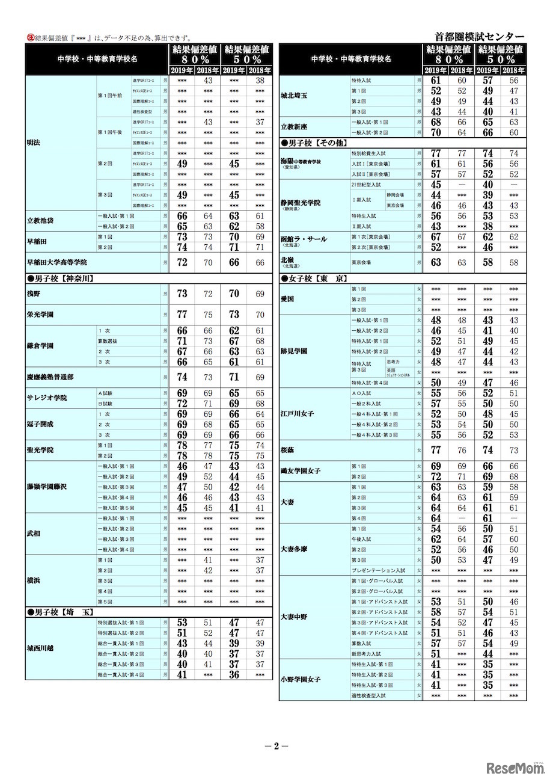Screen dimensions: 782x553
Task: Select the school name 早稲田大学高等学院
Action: point(57,263)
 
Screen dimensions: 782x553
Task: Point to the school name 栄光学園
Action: point(40,314)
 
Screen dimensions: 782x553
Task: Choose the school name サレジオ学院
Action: point(47,398)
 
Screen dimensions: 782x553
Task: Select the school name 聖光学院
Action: point(40,451)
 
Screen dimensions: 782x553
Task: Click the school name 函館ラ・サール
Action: point(304,239)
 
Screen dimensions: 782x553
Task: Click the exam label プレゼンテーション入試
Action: point(379,570)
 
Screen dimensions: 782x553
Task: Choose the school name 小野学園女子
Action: point(301,680)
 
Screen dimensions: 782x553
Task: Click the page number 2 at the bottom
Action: point(276,747)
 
